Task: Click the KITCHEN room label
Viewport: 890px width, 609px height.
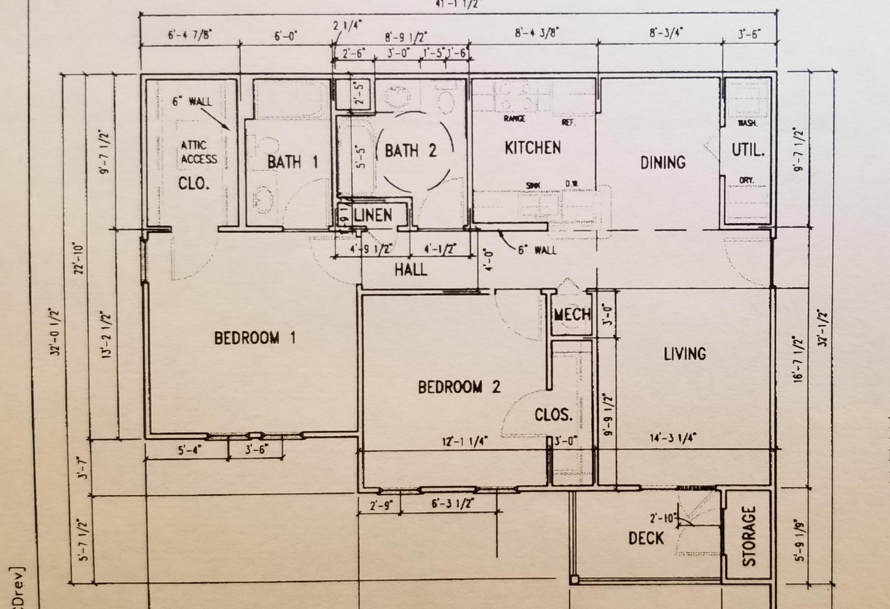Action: (x=532, y=148)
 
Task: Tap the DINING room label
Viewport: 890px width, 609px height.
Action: (x=663, y=162)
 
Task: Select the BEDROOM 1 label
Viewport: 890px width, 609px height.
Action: (x=255, y=338)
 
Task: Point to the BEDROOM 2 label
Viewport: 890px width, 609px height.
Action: (x=459, y=387)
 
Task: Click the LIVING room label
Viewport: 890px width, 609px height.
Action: (x=685, y=354)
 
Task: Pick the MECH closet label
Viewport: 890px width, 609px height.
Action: (x=572, y=315)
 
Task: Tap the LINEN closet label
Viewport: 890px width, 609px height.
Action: (x=373, y=216)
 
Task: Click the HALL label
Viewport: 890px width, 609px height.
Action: (x=411, y=270)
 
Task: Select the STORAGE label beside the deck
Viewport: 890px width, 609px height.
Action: (x=749, y=536)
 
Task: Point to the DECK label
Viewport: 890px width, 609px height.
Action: (x=646, y=538)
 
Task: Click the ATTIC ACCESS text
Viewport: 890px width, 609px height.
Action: (x=199, y=152)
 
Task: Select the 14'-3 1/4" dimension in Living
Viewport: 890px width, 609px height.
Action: (x=673, y=438)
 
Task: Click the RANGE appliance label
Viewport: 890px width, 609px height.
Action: (x=514, y=119)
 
